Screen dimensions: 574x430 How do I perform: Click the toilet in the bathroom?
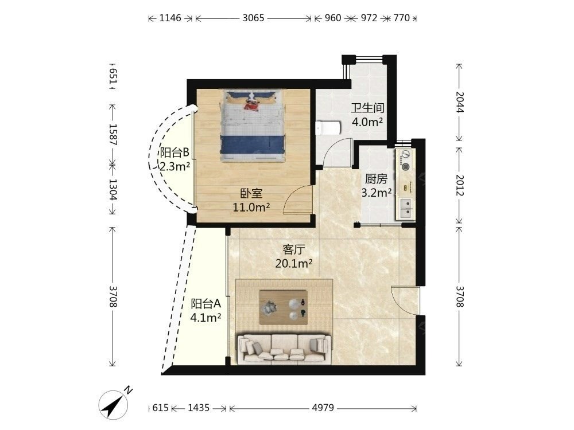click(x=328, y=128)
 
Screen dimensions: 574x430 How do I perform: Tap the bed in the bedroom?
click(x=252, y=126)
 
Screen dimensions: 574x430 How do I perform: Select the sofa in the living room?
click(x=285, y=349)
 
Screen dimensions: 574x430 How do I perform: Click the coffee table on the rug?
click(x=283, y=307)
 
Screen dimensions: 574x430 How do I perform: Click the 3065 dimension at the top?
click(x=253, y=18)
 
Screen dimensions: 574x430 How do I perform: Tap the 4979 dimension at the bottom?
click(x=323, y=408)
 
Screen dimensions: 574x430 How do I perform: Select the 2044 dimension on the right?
click(x=459, y=102)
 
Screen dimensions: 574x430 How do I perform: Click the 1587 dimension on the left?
click(x=113, y=135)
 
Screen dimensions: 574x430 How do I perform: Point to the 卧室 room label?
click(x=251, y=193)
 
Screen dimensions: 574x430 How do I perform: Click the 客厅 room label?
click(x=293, y=250)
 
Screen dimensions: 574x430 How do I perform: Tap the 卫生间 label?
click(x=367, y=108)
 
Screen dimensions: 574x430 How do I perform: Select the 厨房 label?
click(x=376, y=179)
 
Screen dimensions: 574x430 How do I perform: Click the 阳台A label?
click(x=205, y=303)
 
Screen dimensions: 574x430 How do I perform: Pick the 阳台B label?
click(x=174, y=152)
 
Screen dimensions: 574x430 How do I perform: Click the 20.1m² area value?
click(x=293, y=263)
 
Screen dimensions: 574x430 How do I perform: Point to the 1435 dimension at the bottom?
click(x=199, y=408)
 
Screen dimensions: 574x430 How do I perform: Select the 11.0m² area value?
click(x=251, y=208)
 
